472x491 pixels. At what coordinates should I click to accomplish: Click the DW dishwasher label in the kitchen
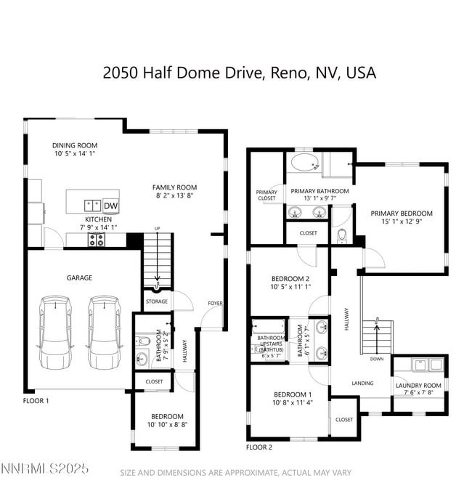coord(110,206)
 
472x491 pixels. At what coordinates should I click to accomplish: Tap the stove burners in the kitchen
coord(97,239)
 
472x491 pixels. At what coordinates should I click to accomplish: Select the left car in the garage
coord(56,330)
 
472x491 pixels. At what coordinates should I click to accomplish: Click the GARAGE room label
coord(80,277)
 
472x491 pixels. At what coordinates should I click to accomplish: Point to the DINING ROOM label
coord(75,145)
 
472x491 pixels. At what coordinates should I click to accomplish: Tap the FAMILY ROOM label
coord(174,187)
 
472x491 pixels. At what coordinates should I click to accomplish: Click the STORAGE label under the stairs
coord(156,301)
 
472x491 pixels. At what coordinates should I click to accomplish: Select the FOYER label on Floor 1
coord(216,304)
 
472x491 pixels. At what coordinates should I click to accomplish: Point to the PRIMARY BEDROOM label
coord(402,214)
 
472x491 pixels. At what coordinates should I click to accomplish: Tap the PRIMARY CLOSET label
coord(266,195)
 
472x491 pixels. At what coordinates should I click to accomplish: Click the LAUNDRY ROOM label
coord(418,386)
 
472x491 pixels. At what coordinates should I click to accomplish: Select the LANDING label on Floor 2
coord(362,384)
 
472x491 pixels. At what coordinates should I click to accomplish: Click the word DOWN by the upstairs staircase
coord(377,359)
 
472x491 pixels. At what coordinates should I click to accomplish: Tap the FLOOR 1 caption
coord(36,400)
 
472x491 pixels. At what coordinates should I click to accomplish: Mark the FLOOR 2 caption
coord(259,447)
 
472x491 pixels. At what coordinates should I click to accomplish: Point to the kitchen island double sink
coord(92,205)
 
